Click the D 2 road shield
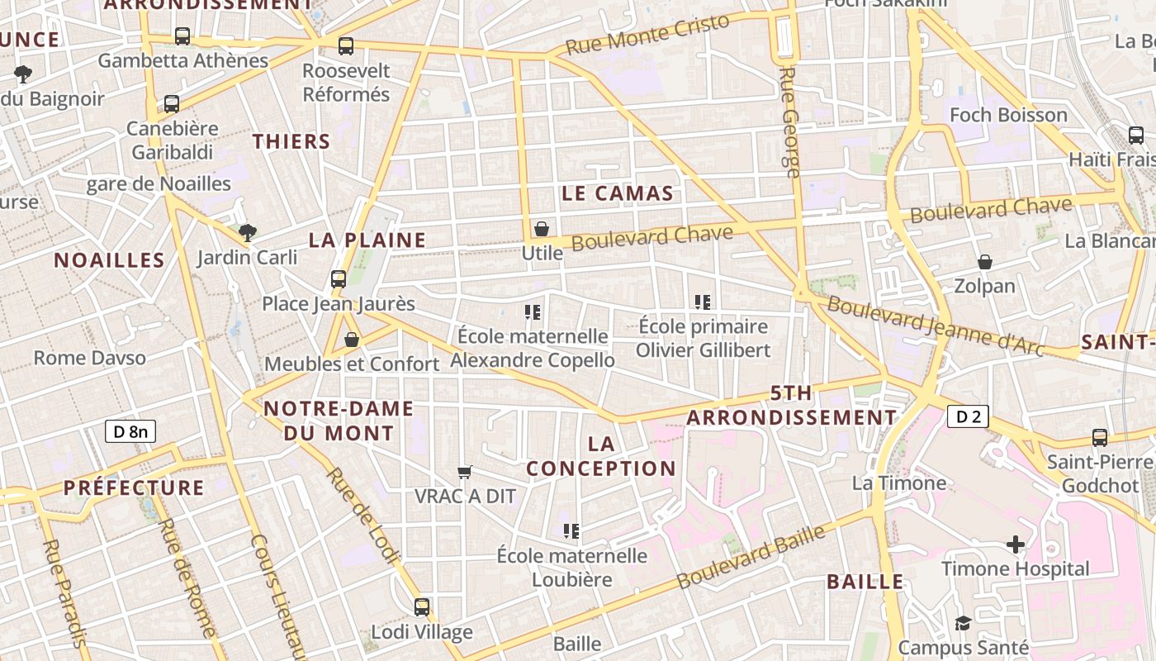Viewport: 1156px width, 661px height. pyautogui.click(x=967, y=416)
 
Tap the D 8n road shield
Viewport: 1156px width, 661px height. pyautogui.click(x=130, y=430)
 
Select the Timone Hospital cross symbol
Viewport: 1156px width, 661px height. pyautogui.click(x=1016, y=544)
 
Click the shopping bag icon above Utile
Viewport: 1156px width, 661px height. pyautogui.click(x=542, y=229)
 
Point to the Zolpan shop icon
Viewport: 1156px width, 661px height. pyautogui.click(x=984, y=263)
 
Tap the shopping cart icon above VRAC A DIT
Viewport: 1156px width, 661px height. pyautogui.click(x=465, y=472)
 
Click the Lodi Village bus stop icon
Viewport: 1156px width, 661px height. pyautogui.click(x=422, y=607)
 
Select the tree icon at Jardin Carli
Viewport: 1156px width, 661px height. pyautogui.click(x=247, y=233)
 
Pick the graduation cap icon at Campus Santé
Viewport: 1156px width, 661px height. pyautogui.click(x=963, y=623)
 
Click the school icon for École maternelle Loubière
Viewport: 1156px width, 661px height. pyautogui.click(x=571, y=530)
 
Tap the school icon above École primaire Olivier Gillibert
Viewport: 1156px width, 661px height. pyautogui.click(x=703, y=302)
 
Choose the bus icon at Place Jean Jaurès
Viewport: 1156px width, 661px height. pyautogui.click(x=339, y=279)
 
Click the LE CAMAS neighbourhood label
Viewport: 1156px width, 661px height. pyautogui.click(x=617, y=194)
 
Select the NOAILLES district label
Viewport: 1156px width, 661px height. pyautogui.click(x=110, y=260)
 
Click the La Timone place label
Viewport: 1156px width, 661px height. pyautogui.click(x=898, y=483)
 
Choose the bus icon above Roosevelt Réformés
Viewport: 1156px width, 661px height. pyautogui.click(x=346, y=46)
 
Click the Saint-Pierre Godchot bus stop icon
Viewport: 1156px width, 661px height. pyautogui.click(x=1100, y=438)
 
